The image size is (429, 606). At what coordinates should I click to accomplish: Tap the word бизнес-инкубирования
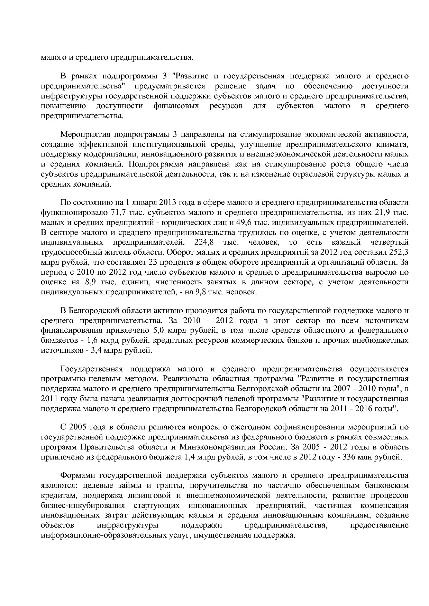tap(83, 506)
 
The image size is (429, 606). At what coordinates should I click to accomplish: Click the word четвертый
tap(389, 242)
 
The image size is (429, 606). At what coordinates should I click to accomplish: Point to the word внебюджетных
tap(385, 340)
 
